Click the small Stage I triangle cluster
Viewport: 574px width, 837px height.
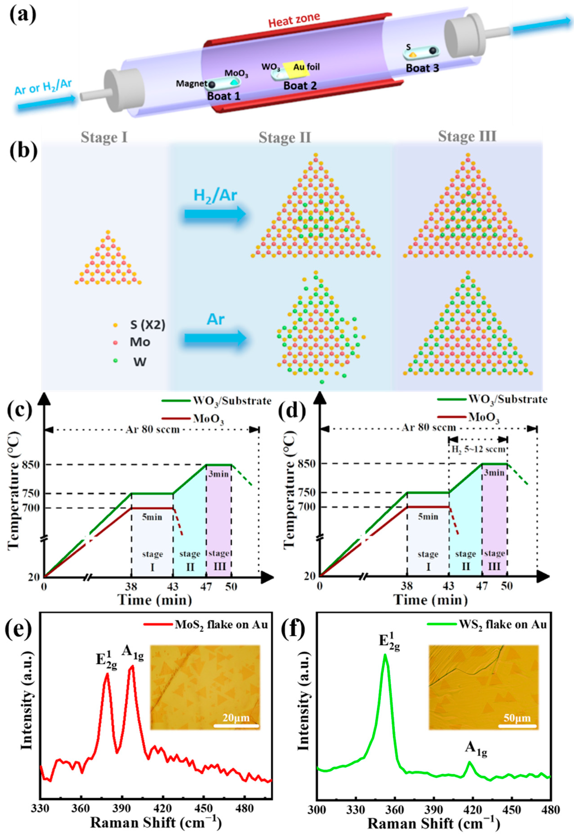[108, 259]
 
